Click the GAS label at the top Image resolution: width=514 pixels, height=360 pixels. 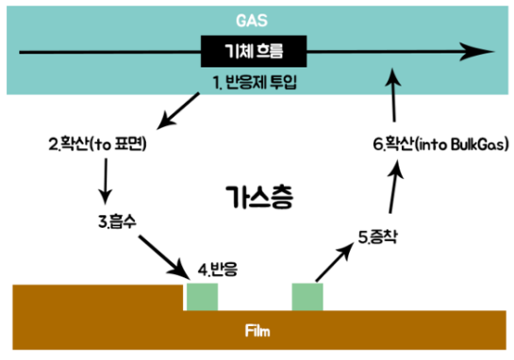(257, 18)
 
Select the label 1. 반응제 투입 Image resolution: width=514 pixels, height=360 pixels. (257, 84)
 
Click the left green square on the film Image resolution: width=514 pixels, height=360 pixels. (202, 296)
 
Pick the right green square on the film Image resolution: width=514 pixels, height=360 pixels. (307, 296)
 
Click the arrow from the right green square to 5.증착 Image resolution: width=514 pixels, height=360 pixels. (336, 262)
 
